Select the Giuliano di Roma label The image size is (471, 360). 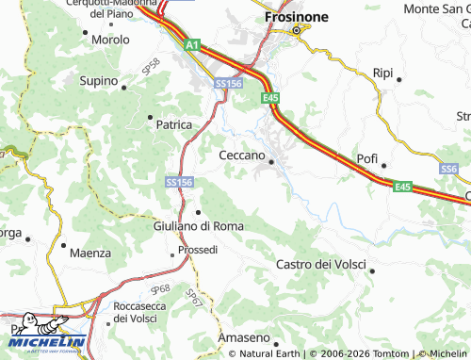pyautogui.click(x=198, y=226)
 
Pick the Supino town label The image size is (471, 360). pyautogui.click(x=100, y=83)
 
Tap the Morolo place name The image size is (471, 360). pyautogui.click(x=110, y=41)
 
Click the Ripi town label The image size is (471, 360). pyautogui.click(x=382, y=73)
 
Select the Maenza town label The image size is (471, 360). pyautogui.click(x=90, y=253)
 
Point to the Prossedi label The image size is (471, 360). pyautogui.click(x=198, y=251)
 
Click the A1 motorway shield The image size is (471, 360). pyautogui.click(x=192, y=44)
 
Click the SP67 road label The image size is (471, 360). pyautogui.click(x=192, y=297)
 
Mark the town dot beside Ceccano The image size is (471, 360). pyautogui.click(x=271, y=162)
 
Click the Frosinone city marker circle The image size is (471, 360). pyautogui.click(x=296, y=31)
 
